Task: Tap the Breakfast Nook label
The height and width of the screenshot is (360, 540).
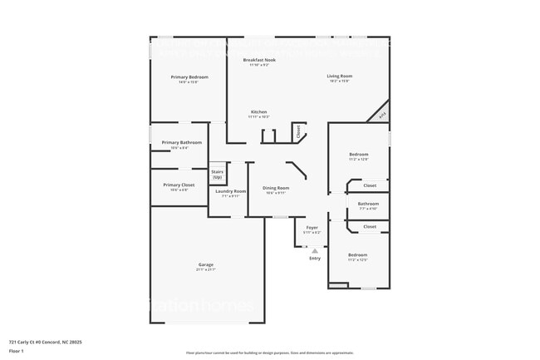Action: click(x=259, y=60)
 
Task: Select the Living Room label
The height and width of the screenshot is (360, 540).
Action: click(x=339, y=76)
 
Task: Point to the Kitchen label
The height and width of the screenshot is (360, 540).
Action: click(x=258, y=111)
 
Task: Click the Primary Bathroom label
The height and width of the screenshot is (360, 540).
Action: click(x=181, y=142)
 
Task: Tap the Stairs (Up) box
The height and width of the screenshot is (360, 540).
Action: click(x=217, y=175)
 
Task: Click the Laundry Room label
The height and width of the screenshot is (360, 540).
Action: click(x=230, y=191)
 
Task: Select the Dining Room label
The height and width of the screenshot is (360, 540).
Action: click(x=275, y=188)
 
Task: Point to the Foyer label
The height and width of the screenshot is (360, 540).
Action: click(x=312, y=227)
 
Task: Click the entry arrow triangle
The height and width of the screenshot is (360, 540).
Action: click(x=315, y=249)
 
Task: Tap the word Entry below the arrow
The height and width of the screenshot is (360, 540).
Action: click(x=315, y=259)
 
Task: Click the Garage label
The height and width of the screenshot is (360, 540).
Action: click(x=205, y=264)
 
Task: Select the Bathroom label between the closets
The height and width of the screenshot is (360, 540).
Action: click(x=368, y=204)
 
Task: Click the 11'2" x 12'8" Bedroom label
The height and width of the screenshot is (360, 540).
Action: click(x=358, y=155)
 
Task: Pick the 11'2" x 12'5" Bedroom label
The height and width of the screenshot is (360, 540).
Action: click(x=357, y=254)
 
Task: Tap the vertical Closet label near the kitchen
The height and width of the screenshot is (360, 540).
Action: click(x=297, y=131)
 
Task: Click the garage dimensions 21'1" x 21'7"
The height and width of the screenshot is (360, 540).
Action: click(x=205, y=270)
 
